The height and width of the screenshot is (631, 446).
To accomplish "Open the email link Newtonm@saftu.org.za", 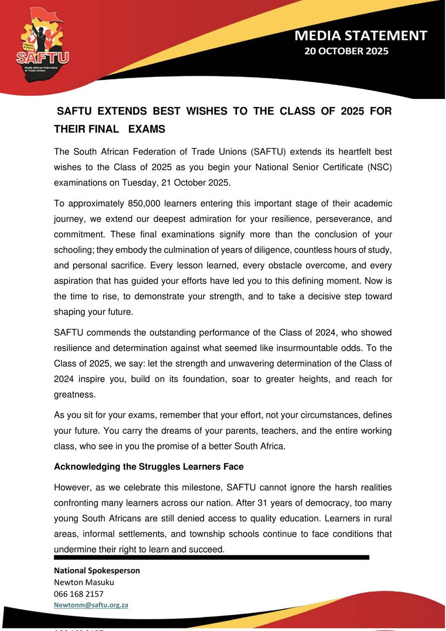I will (x=92, y=605).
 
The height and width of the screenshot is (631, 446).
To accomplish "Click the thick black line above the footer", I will (x=210, y=557).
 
